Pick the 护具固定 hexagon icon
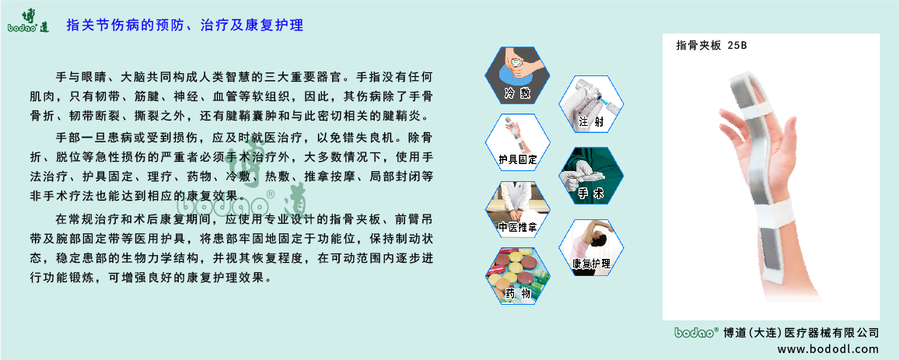pyautogui.click(x=517, y=143)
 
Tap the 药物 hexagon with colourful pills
pyautogui.click(x=517, y=276)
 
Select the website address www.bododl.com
pyautogui.click(x=827, y=348)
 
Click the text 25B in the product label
pyautogui.click(x=737, y=45)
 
